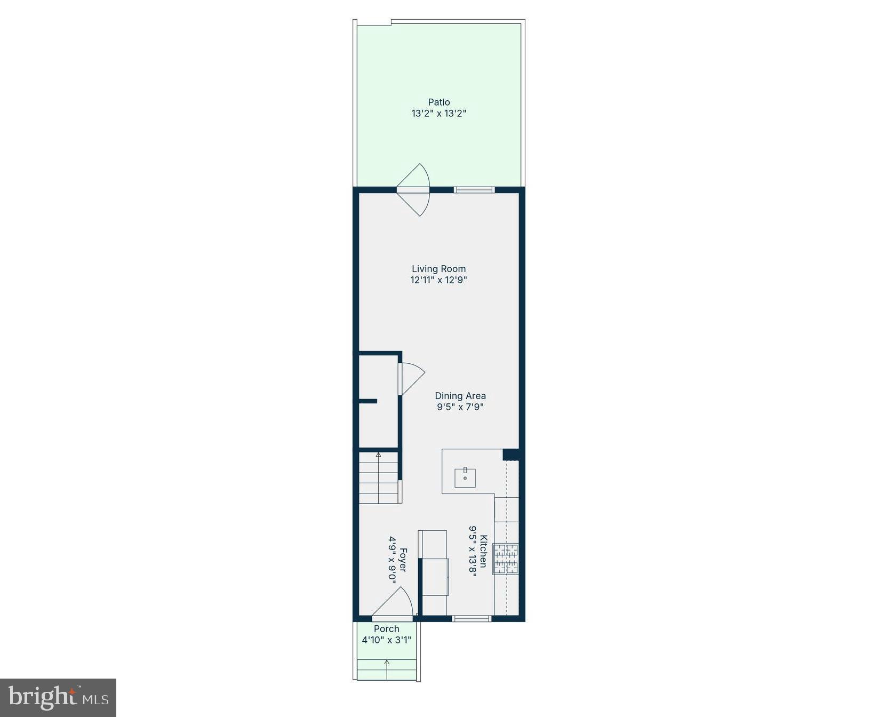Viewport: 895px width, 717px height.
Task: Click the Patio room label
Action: click(439, 102)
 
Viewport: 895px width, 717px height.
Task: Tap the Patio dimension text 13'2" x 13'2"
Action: click(439, 113)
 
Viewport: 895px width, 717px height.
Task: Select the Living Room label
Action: click(438, 269)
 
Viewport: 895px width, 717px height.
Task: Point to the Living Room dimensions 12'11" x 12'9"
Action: click(438, 280)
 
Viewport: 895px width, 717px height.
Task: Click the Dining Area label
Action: click(460, 396)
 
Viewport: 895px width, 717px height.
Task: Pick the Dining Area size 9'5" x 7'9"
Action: click(460, 407)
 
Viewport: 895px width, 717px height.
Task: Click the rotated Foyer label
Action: click(403, 560)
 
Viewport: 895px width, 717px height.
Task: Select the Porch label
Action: click(387, 629)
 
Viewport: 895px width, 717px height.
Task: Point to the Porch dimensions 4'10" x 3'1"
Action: click(387, 640)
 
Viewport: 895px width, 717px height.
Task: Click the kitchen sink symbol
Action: click(465, 477)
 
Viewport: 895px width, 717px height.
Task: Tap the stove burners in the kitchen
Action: click(506, 559)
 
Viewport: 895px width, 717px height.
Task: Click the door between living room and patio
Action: click(414, 189)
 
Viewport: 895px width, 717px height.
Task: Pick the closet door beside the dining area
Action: click(410, 379)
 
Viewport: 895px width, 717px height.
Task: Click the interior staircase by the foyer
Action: click(379, 478)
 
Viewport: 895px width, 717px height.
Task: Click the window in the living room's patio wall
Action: click(474, 189)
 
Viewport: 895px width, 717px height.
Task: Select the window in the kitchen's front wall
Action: click(472, 619)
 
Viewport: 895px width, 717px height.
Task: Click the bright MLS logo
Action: click(58, 698)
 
